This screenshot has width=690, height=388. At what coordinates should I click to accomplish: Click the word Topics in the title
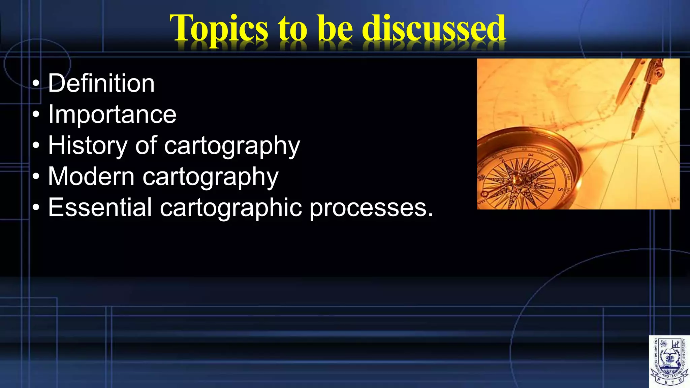[x=219, y=29]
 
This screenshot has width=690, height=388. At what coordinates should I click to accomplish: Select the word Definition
[x=101, y=83]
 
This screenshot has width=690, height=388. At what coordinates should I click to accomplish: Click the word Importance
[x=112, y=115]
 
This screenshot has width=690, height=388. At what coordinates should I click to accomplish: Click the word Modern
[x=91, y=176]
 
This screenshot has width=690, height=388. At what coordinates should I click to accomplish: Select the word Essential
[x=100, y=207]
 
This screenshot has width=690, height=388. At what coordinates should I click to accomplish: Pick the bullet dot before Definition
[x=36, y=84]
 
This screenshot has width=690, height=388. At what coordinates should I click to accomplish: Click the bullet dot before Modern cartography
[x=36, y=177]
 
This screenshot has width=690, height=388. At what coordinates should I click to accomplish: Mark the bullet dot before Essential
[x=36, y=208]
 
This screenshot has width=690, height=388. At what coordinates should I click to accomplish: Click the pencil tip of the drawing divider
[x=632, y=137]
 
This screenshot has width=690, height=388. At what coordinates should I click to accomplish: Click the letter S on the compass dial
[x=561, y=190]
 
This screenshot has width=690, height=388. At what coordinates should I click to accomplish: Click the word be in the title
[x=335, y=29]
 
